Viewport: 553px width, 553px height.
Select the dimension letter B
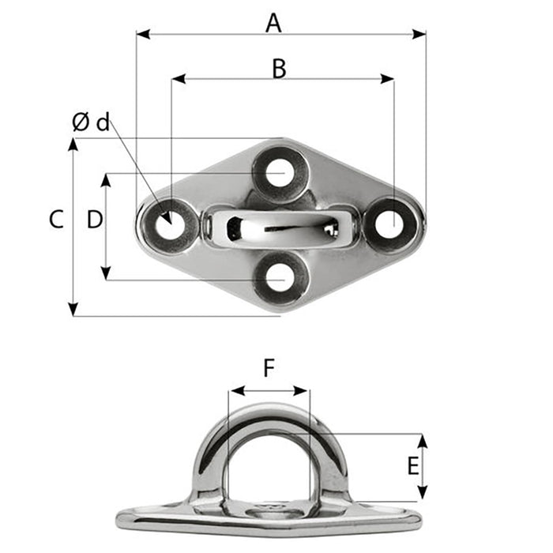279,69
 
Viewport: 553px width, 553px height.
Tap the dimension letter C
55,220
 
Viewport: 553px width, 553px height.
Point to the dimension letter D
95,220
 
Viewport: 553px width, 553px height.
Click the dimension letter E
412,466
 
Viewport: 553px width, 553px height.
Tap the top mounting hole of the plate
279,173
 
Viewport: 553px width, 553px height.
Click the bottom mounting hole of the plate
280,278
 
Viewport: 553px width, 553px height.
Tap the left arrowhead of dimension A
141,34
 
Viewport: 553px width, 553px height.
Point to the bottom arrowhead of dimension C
73,310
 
